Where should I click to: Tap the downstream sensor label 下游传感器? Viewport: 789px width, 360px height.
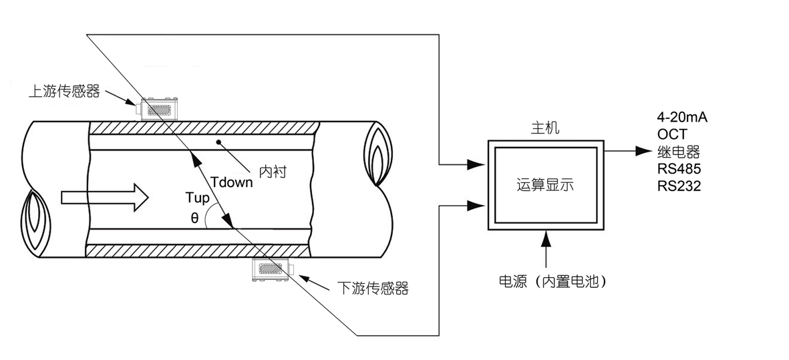click(x=372, y=289)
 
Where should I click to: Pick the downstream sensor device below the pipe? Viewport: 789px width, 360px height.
click(x=271, y=270)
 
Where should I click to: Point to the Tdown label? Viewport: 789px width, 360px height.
click(x=231, y=182)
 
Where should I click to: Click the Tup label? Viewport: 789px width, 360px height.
click(x=197, y=198)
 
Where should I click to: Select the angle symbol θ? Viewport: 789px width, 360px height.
click(x=194, y=218)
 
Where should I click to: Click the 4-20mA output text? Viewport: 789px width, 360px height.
click(x=682, y=118)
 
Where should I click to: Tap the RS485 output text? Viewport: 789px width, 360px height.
click(x=679, y=168)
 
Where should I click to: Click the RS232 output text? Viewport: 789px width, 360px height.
click(x=679, y=186)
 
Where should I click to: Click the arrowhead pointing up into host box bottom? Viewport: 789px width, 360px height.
click(x=547, y=234)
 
